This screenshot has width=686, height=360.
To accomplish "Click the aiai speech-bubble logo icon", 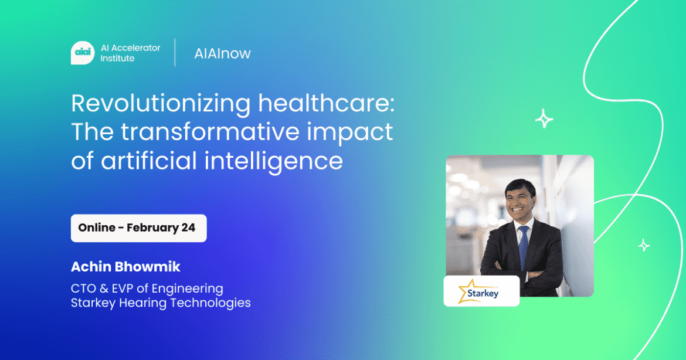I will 82,53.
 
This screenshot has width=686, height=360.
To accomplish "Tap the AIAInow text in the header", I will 222,53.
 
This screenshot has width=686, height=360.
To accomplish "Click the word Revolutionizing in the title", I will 159,104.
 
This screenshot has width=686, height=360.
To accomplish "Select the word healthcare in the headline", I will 326,104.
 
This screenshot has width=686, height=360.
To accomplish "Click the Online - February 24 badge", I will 138,228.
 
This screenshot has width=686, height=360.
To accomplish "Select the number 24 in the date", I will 188,228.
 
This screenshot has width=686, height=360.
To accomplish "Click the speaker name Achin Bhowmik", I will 125,267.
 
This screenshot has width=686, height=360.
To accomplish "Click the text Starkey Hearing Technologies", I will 161,303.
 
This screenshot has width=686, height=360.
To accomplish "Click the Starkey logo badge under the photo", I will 481,291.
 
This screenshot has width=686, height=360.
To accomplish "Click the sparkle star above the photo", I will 544,120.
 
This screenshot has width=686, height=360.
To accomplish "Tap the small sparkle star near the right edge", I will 644,245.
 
